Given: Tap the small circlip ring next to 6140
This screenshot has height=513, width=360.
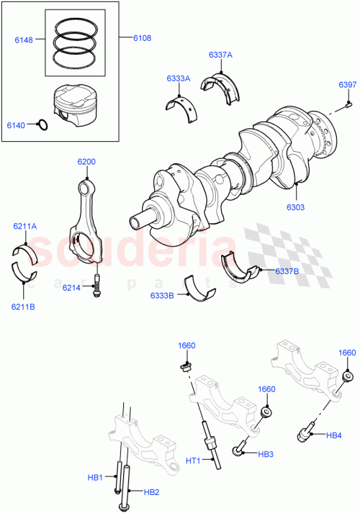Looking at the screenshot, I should (42, 125).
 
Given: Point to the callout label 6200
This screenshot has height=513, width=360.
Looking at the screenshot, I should (86, 163).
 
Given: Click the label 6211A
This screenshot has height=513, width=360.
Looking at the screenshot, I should (24, 227).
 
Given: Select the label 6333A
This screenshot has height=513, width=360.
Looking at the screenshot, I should (179, 79).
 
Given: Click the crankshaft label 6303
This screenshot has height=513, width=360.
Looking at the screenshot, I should (297, 206).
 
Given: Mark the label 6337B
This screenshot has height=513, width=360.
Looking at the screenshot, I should (287, 271).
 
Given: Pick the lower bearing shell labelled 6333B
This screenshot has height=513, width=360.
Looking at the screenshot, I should (199, 286).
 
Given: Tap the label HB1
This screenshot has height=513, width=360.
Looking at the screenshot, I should (96, 476).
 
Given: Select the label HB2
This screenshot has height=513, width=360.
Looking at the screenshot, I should (150, 492).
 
